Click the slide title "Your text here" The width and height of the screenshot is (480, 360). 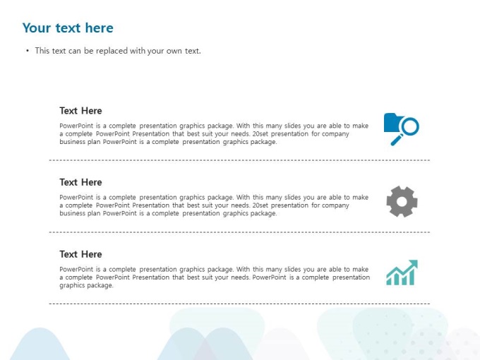[x=68, y=28]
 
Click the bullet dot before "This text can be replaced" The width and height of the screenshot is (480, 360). [x=28, y=51]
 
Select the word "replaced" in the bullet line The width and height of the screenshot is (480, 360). [x=112, y=51]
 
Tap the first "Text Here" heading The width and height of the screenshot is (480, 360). [x=80, y=111]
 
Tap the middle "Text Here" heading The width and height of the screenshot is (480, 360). [x=80, y=182]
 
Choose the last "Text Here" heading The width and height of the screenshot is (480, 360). [x=80, y=254]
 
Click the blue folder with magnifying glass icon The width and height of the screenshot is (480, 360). [x=402, y=129]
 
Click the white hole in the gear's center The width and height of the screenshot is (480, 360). [x=402, y=202]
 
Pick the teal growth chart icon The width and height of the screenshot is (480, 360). [x=402, y=272]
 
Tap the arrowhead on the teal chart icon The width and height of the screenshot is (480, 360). [x=414, y=264]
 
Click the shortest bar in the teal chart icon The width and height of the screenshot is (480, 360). [x=389, y=282]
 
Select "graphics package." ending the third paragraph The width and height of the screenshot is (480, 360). [x=86, y=285]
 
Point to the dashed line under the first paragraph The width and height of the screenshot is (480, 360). [x=239, y=160]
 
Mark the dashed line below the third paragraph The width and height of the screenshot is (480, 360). [x=239, y=304]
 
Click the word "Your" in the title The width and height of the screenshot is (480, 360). [x=37, y=28]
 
